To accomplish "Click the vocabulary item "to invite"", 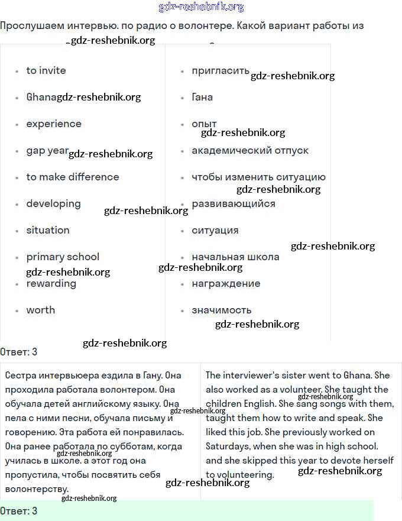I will [x=46, y=70].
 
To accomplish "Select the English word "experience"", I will [x=54, y=124].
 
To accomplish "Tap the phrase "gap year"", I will [x=47, y=150].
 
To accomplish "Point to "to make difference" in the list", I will [x=73, y=177].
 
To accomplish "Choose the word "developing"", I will [x=53, y=203].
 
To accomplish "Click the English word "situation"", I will [x=48, y=230].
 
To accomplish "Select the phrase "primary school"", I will [x=63, y=257].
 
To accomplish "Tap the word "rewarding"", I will [x=51, y=283].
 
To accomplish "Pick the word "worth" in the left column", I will [x=41, y=310].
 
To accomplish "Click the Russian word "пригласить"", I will [x=221, y=70].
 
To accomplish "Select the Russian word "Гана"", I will [x=202, y=97].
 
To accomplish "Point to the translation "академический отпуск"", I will [x=250, y=150].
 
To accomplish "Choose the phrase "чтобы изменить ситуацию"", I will [x=258, y=177].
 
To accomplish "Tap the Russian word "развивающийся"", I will [x=234, y=203].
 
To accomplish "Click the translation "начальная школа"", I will [x=235, y=257].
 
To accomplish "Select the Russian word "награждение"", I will [x=226, y=283].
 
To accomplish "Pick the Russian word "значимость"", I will [x=222, y=310].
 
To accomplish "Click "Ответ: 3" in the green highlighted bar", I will [x=19, y=510].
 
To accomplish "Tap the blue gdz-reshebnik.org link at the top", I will [x=201, y=7].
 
